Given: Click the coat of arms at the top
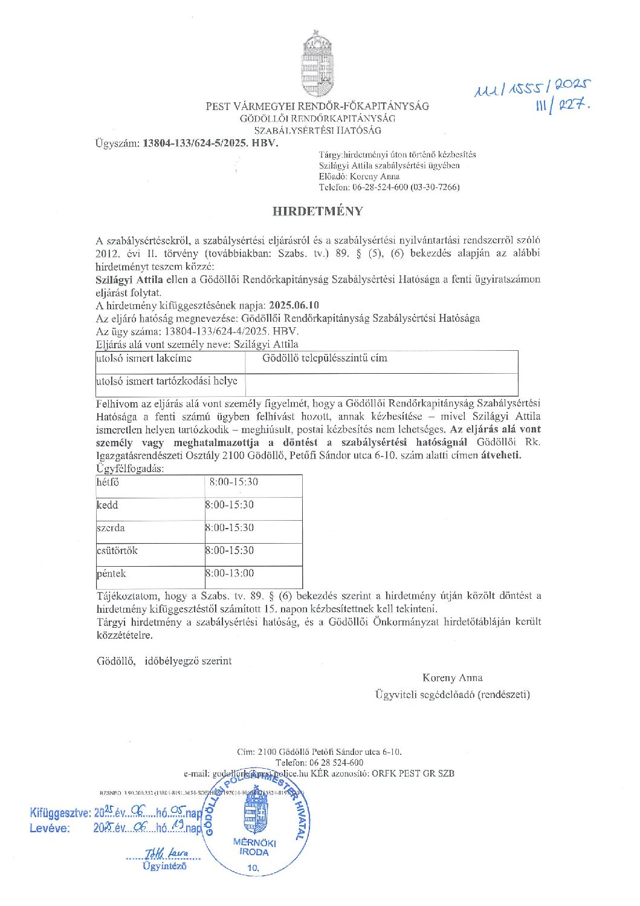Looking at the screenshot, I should (318, 65).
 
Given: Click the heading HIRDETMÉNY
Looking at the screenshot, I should (318, 211).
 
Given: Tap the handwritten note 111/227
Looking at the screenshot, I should (562, 106).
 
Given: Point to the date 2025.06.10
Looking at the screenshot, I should (294, 305).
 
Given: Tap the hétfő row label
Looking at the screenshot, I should (108, 482).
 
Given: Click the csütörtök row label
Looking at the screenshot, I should (117, 550).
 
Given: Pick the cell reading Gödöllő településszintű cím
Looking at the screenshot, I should (325, 358).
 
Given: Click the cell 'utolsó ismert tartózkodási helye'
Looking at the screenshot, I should (167, 381).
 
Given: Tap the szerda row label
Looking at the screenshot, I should (111, 527).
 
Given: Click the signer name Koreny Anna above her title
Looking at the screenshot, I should (452, 677).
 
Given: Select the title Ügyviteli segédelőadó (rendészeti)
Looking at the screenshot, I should (452, 694).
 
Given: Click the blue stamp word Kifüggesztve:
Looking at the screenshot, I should (60, 812).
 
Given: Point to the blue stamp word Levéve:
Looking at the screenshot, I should (50, 828).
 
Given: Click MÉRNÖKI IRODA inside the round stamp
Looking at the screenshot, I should (254, 847).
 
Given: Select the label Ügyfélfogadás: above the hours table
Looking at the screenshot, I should (130, 469).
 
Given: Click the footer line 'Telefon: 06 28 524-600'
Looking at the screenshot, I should (319, 763).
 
